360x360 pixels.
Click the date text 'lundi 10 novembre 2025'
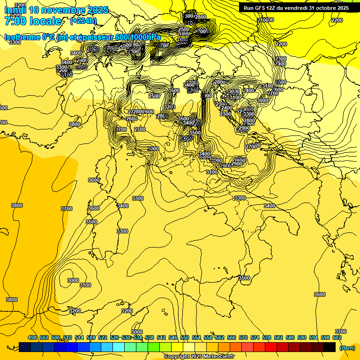click(x=56, y=10)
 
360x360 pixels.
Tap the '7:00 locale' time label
click(x=33, y=21)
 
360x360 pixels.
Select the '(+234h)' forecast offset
click(x=83, y=21)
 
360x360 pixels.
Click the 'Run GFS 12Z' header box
click(x=296, y=8)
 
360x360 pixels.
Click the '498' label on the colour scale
click(x=32, y=337)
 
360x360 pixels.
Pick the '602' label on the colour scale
click(x=337, y=337)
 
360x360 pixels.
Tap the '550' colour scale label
click(x=185, y=337)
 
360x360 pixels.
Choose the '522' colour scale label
click(x=103, y=337)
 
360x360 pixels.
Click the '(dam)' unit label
click(x=347, y=347)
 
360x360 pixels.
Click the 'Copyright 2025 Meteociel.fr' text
click(x=199, y=356)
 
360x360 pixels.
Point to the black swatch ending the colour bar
click(x=330, y=347)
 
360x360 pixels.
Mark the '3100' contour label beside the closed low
click(x=85, y=285)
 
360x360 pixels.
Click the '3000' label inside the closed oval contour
click(x=73, y=280)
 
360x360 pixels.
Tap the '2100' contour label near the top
click(x=266, y=20)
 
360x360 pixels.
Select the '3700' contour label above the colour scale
click(x=341, y=331)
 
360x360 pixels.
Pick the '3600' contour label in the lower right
click(x=319, y=294)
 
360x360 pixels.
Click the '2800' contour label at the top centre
click(x=201, y=17)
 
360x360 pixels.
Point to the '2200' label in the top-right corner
click(x=337, y=20)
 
